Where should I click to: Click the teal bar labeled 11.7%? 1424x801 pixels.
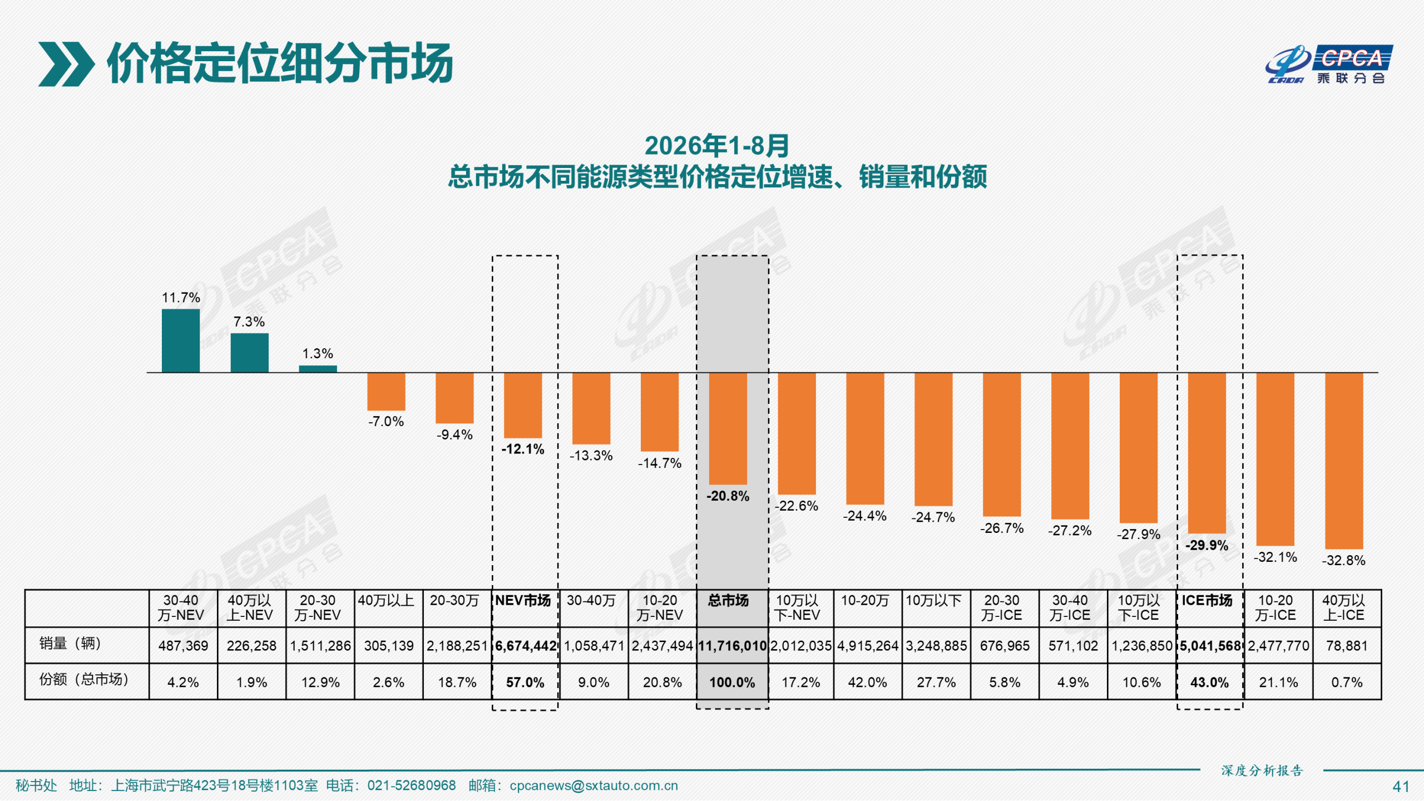(x=181, y=340)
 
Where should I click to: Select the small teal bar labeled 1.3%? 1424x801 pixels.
(x=318, y=369)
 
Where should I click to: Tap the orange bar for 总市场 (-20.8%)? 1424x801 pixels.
(x=728, y=428)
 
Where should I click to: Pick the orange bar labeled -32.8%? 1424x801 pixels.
(x=1344, y=461)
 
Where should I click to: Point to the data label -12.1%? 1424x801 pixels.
(x=523, y=449)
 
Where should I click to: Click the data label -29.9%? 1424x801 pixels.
(x=1207, y=545)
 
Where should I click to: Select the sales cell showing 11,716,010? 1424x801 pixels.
(x=732, y=646)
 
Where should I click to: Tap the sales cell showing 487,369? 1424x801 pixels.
(x=183, y=646)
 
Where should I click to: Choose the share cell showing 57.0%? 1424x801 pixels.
(x=525, y=683)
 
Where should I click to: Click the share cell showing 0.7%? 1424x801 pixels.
(x=1347, y=683)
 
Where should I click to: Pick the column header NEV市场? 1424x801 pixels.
(x=523, y=601)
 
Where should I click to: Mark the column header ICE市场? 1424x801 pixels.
(x=1207, y=601)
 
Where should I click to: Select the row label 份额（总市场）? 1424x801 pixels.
(x=84, y=679)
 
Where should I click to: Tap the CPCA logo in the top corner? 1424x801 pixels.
(x=1329, y=65)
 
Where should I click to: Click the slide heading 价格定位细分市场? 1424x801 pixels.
(x=280, y=63)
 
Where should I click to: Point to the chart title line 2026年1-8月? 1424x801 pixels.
(x=717, y=146)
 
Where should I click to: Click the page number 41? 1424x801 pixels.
(x=1401, y=787)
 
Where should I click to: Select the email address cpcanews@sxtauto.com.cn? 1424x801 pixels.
(x=594, y=785)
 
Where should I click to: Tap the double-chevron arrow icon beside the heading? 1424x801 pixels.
(x=66, y=64)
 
